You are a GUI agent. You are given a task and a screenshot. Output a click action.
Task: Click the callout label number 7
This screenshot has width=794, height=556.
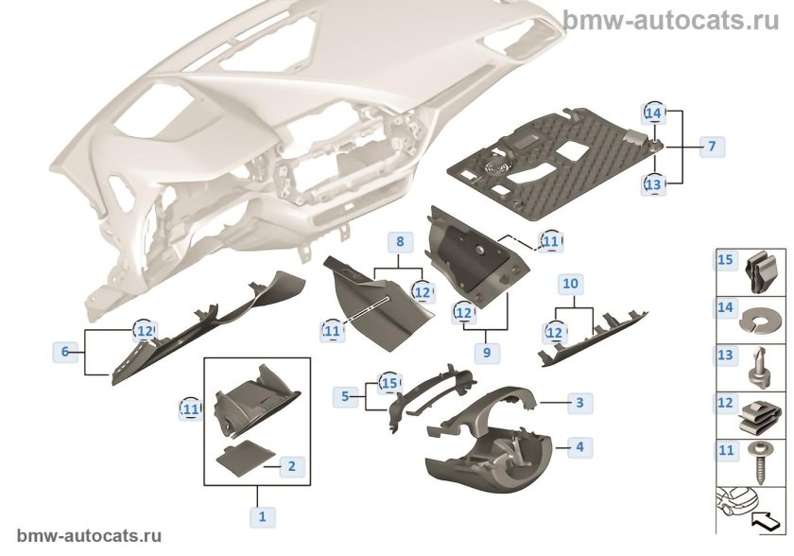[712, 147]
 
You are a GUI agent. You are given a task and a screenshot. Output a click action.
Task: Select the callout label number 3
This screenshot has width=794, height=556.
[579, 403]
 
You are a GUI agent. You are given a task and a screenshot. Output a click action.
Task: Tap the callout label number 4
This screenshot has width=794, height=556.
[579, 447]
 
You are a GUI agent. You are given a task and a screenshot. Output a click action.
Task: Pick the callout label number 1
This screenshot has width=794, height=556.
[263, 517]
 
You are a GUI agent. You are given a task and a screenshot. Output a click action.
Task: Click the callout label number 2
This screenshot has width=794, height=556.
[292, 466]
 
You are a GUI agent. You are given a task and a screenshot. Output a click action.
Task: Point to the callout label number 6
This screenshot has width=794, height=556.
[65, 352]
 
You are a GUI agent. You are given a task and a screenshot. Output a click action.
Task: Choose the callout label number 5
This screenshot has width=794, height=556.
[345, 396]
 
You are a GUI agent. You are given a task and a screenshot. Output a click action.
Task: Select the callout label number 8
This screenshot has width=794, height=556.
[400, 242]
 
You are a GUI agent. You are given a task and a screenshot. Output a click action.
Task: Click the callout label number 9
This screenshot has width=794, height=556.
[487, 352]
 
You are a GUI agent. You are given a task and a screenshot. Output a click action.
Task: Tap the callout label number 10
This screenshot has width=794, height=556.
[570, 284]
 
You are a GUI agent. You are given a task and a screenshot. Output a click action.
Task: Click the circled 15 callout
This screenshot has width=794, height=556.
[389, 383]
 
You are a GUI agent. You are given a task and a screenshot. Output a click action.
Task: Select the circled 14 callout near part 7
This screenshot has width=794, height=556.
[653, 113]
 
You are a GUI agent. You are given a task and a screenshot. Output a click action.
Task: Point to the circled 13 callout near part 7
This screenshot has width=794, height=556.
[653, 184]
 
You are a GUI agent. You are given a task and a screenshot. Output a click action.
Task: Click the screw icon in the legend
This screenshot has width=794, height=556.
[758, 464]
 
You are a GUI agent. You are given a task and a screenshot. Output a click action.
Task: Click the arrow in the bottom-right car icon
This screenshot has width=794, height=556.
[768, 522]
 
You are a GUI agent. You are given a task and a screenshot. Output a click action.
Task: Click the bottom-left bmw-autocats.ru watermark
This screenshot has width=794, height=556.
[89, 536]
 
